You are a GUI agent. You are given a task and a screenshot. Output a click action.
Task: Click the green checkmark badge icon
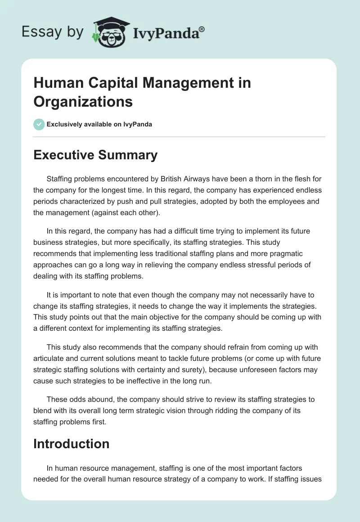(39, 124)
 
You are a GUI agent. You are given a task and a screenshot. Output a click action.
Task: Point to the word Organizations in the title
(83, 101)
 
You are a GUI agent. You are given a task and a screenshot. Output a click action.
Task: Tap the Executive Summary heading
(95, 155)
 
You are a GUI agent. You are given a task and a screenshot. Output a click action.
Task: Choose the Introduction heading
(71, 444)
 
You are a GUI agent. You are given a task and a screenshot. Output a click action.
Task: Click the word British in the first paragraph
(180, 179)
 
